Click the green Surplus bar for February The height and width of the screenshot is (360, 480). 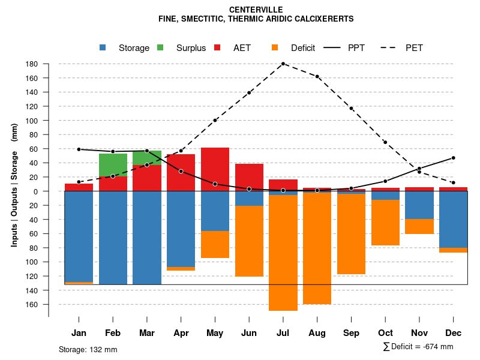(113, 164)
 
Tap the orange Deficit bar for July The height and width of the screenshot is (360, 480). (283, 253)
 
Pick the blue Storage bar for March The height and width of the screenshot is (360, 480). (147, 238)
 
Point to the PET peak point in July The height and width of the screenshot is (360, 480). (283, 64)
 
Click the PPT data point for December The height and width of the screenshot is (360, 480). (454, 158)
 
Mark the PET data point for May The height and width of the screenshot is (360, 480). (215, 120)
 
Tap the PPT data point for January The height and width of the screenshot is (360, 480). (79, 149)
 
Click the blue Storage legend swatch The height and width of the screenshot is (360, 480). (104, 48)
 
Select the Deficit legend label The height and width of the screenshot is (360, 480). (303, 48)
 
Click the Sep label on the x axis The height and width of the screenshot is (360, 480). (351, 333)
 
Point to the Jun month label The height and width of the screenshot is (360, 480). (249, 333)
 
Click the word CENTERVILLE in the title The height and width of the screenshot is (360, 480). (256, 10)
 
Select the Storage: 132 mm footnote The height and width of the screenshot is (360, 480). (88, 349)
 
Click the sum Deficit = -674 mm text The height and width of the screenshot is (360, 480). (418, 347)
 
